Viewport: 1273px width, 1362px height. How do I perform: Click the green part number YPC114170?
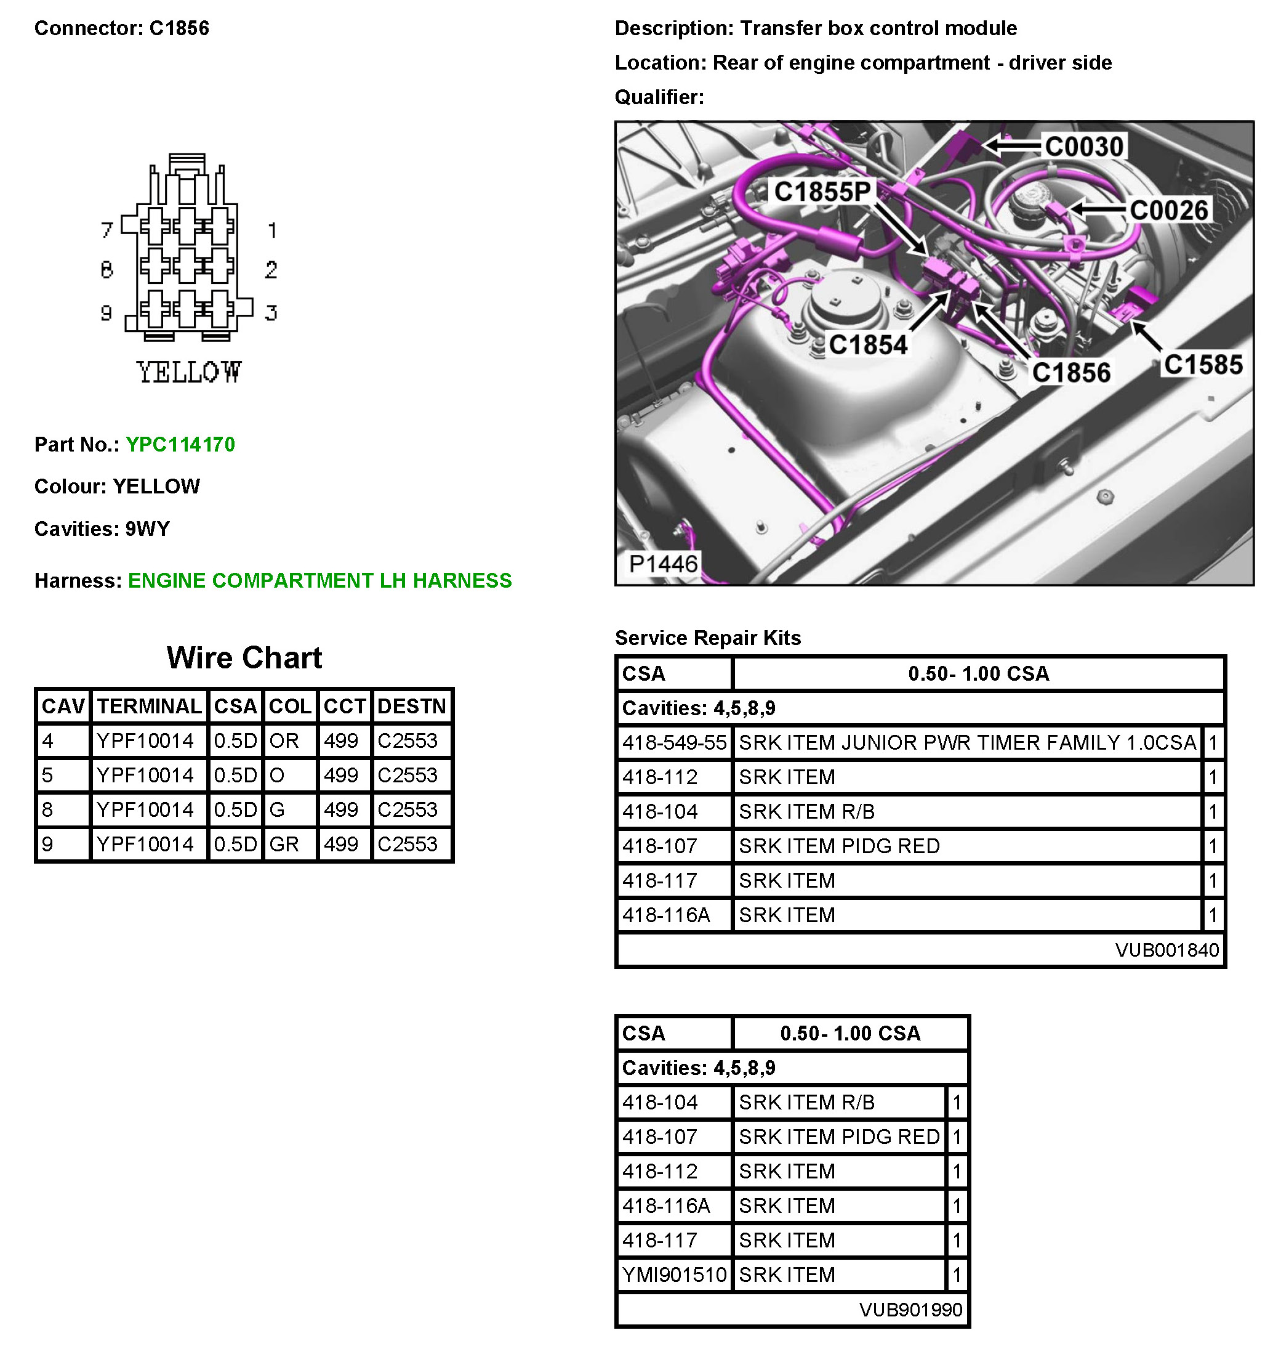[x=180, y=445]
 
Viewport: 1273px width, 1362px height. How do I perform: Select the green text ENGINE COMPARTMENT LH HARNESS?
[x=320, y=581]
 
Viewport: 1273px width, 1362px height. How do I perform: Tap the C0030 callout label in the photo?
[x=1084, y=147]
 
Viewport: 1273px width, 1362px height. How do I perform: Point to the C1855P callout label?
[x=822, y=192]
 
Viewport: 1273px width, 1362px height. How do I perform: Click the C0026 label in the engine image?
[x=1169, y=210]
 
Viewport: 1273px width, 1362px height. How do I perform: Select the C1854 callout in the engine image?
[x=867, y=344]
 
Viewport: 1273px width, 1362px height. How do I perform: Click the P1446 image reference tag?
[x=663, y=564]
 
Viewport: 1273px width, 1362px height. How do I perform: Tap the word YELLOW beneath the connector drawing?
[x=189, y=373]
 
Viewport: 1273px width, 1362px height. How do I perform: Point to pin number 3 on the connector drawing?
[x=271, y=313]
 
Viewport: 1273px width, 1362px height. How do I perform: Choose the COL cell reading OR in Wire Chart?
[x=284, y=741]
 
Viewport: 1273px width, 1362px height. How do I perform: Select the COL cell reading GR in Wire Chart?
[x=284, y=845]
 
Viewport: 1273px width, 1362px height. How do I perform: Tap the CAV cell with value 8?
[x=47, y=811]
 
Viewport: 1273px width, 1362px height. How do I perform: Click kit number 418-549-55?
[x=675, y=743]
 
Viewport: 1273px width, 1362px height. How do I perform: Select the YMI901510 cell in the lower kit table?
[x=675, y=1275]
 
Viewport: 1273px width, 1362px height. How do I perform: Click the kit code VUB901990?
[x=911, y=1310]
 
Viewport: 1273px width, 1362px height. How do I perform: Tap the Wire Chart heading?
[x=244, y=658]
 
